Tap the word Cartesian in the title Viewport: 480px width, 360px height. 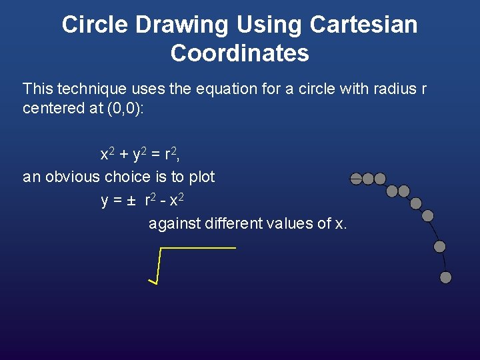tap(364, 25)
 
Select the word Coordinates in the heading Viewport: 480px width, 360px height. tap(239, 53)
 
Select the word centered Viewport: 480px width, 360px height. tap(51, 108)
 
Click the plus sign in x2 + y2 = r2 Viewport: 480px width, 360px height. tap(123, 155)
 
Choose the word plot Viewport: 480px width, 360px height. tap(201, 177)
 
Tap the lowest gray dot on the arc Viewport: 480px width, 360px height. tap(446, 277)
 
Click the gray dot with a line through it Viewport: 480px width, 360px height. tap(357, 178)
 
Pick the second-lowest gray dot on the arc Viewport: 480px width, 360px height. tap(440, 247)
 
